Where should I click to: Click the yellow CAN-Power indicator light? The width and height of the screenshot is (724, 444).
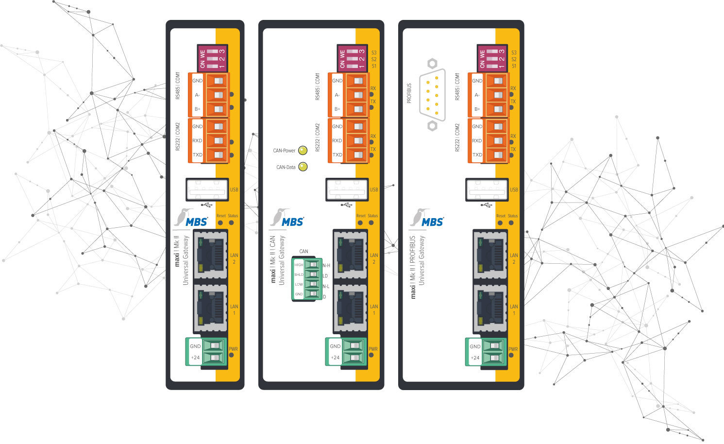point(303,151)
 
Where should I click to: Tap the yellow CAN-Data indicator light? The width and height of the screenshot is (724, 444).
point(303,167)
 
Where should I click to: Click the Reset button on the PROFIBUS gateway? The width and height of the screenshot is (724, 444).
point(500,223)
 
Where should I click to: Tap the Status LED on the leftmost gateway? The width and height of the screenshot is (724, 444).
point(232,223)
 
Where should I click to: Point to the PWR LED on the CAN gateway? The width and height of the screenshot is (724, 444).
point(371,355)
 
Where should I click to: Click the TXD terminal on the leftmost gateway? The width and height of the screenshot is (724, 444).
point(218,155)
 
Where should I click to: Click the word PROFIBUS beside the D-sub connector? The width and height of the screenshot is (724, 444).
point(409,93)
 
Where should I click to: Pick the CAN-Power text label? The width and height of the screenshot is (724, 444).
point(284,151)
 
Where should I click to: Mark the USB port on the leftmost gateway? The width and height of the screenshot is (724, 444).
point(207,190)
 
